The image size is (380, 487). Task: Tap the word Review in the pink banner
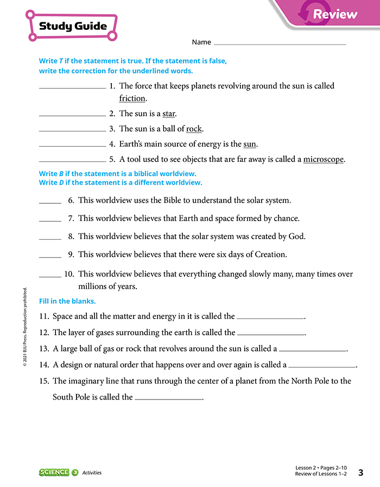pos(335,14)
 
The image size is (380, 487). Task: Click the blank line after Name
pos(280,43)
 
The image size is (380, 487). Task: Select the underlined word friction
pos(132,98)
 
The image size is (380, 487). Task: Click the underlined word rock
pos(194,129)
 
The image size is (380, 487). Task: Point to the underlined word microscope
pos(324,159)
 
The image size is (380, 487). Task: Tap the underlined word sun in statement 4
pos(250,144)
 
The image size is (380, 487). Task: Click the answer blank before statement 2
pos(73,115)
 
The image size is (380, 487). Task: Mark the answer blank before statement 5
pos(73,160)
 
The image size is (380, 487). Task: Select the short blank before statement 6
pos(50,202)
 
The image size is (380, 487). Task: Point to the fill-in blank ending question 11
pos(271,317)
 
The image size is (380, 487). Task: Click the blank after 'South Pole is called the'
pos(168,399)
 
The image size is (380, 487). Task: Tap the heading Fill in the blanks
pos(67,301)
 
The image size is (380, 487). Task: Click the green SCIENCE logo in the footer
pos(54,472)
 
